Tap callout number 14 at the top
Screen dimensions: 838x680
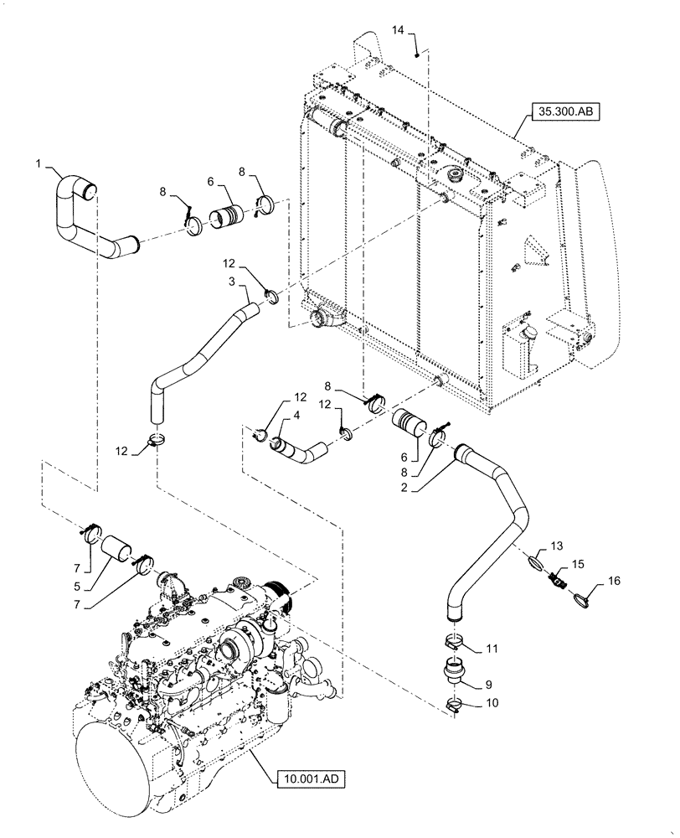coord(398,29)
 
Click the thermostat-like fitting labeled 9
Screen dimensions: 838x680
coord(456,673)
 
